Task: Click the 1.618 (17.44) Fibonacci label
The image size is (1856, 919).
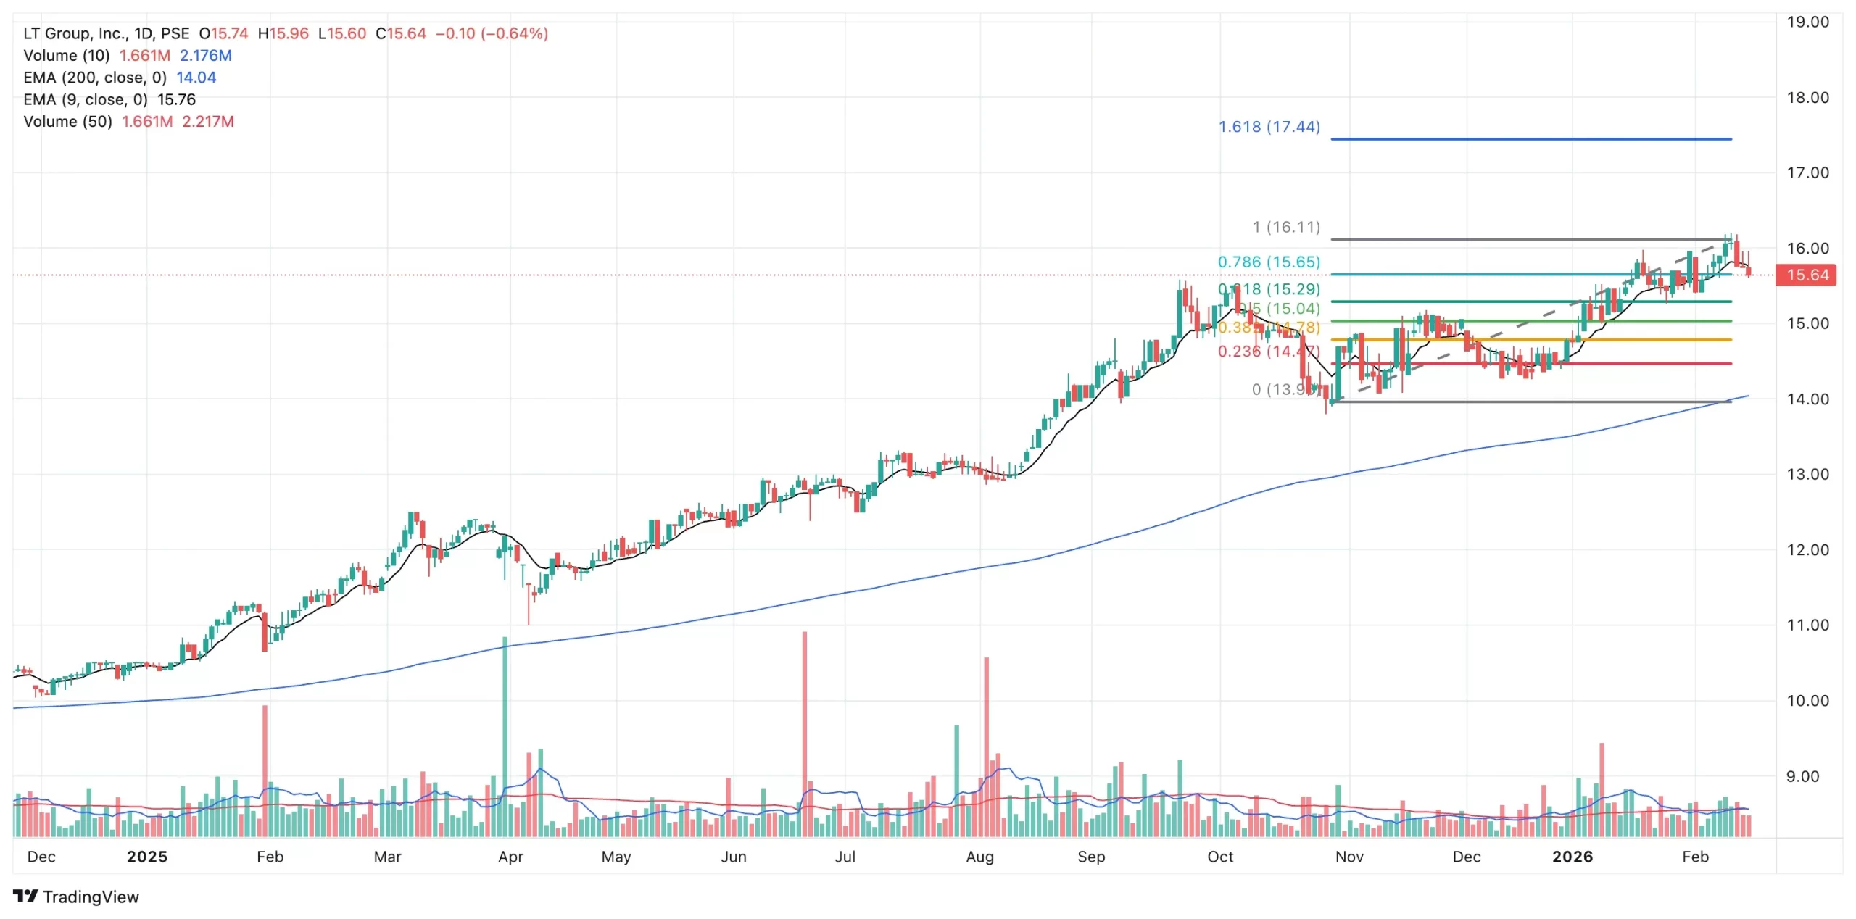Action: tap(1269, 127)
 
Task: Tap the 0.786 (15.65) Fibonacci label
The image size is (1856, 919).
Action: tap(1269, 262)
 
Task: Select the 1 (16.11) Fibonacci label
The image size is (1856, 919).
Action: tap(1286, 227)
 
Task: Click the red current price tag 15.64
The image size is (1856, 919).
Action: tap(1807, 275)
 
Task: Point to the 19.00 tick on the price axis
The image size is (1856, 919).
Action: tap(1807, 22)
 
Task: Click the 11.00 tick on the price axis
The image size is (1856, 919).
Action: tap(1807, 625)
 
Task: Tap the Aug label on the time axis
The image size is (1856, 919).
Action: tap(979, 857)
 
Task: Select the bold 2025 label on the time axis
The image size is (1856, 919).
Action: tap(147, 857)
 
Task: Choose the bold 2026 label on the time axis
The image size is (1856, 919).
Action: tap(1573, 857)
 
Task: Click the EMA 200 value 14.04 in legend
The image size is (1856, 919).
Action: tap(196, 78)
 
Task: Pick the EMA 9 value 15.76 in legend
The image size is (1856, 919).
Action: tap(176, 99)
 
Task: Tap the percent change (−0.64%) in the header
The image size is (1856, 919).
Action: tap(514, 33)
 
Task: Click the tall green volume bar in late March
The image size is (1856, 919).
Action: tap(505, 736)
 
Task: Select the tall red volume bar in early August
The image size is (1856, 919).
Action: tap(986, 747)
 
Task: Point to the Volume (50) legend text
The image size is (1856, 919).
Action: tap(67, 121)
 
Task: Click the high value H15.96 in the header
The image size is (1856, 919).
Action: tap(283, 33)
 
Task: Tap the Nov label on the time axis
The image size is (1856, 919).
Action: tap(1349, 857)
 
